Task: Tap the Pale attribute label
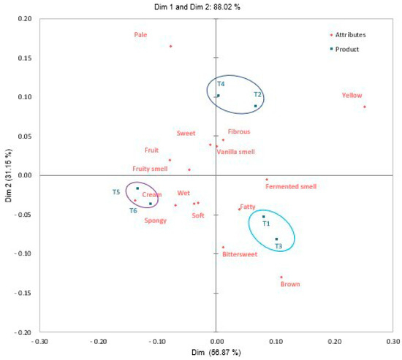pos(141,34)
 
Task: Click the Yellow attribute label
pos(352,95)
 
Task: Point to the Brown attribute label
pos(290,285)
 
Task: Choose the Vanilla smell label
pos(240,152)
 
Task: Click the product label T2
pos(257,94)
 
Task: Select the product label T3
pos(278,247)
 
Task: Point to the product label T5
pos(116,192)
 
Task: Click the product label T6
pos(133,211)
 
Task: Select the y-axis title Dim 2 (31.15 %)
pos(7,175)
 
